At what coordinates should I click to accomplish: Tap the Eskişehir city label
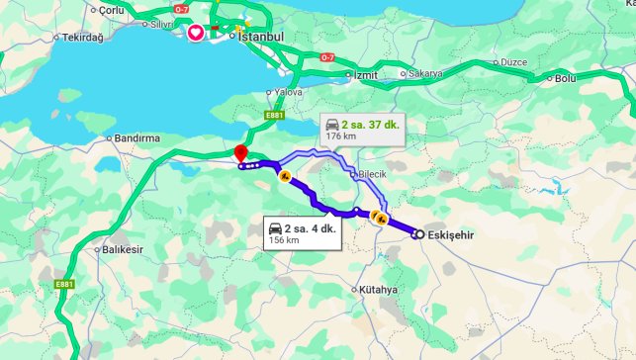[x=452, y=234]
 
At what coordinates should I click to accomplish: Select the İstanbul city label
[x=261, y=37]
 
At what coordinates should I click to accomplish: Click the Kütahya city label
[x=379, y=290]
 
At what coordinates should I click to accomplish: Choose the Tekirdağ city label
[x=83, y=37]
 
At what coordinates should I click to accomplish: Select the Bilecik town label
[x=371, y=174]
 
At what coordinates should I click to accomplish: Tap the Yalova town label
[x=288, y=92]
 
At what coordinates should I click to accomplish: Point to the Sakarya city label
[x=425, y=73]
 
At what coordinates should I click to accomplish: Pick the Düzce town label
[x=514, y=61]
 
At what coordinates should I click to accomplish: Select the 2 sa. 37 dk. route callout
[x=361, y=130]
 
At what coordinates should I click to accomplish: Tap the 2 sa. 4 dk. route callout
[x=302, y=233]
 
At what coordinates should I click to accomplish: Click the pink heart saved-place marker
[x=196, y=33]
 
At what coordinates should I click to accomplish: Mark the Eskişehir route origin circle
[x=418, y=234]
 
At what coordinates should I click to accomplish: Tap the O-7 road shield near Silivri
[x=181, y=9]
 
